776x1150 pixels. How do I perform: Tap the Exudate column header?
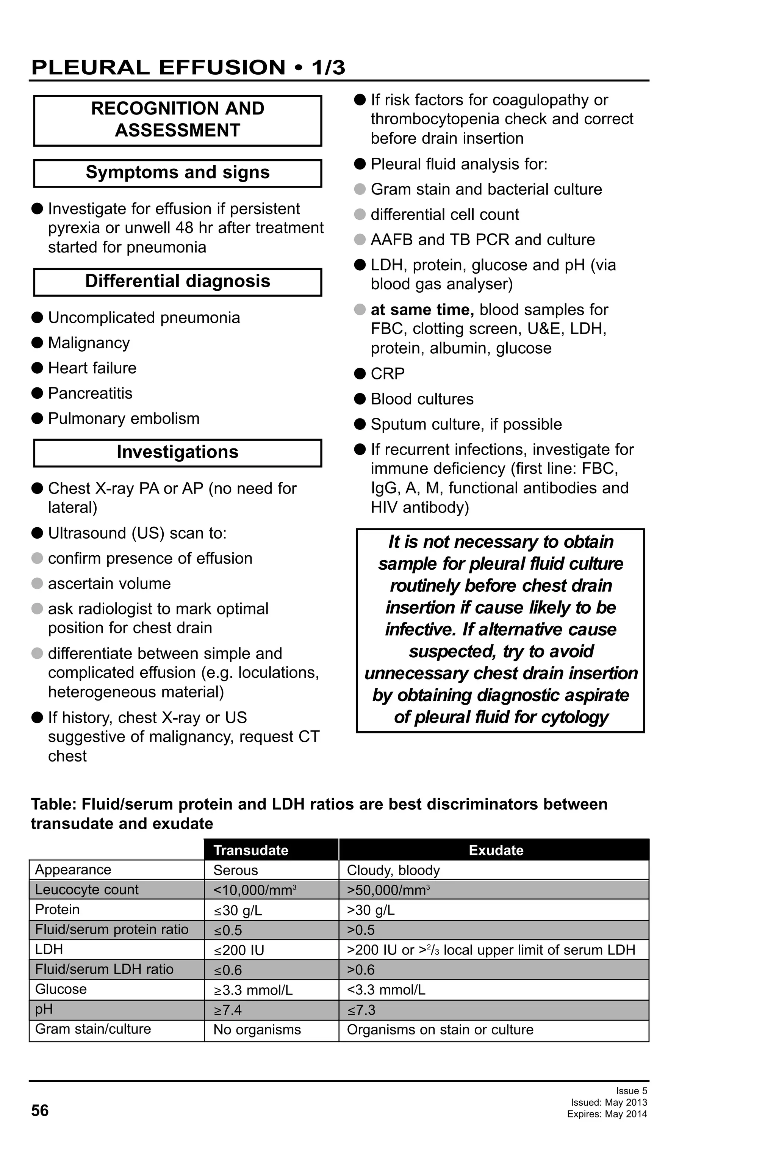496,850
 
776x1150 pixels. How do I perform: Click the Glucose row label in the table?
61,989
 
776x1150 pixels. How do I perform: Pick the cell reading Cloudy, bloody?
393,870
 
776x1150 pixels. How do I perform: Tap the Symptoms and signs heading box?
178,173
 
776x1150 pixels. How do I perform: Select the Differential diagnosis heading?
178,282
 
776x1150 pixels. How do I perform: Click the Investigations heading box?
178,452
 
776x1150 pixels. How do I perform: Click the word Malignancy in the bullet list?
89,342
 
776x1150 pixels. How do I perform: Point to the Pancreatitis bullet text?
90,393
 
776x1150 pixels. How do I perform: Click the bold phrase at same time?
422,310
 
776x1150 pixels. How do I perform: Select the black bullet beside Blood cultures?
360,398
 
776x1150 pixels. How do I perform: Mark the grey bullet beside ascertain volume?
37,583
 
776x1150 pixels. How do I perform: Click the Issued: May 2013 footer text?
609,1102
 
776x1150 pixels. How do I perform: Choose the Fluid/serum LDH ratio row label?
104,969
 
